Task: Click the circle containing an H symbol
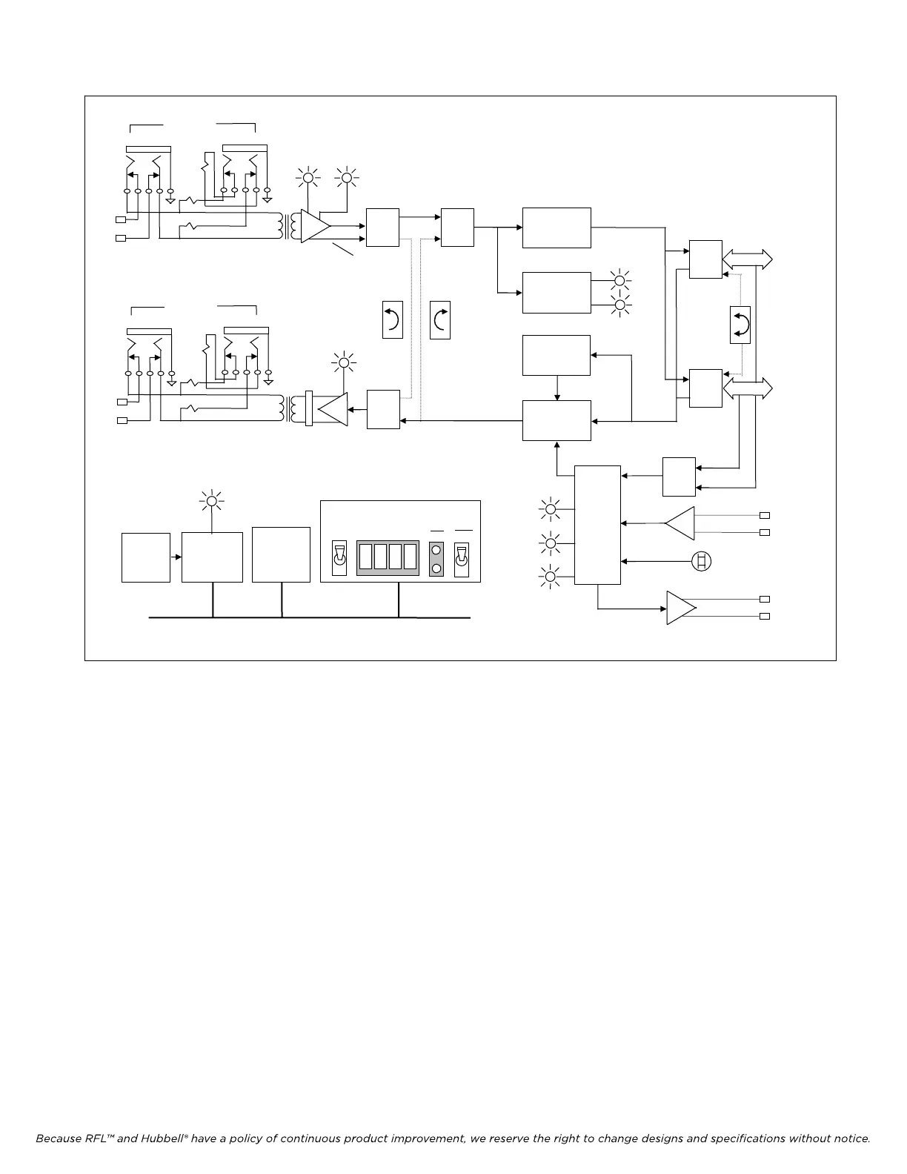[x=701, y=561]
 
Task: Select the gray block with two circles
[x=436, y=559]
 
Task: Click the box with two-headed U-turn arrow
[x=740, y=325]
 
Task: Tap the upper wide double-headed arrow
[x=747, y=259]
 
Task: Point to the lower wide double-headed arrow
[x=747, y=388]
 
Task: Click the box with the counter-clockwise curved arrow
[x=393, y=320]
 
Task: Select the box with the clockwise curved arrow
[x=440, y=320]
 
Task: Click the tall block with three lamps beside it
[x=597, y=525]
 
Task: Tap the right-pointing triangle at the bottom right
[x=680, y=607]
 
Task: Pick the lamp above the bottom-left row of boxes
[x=212, y=501]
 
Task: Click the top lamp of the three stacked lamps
[x=550, y=508]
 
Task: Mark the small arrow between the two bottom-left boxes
[x=176, y=557]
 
